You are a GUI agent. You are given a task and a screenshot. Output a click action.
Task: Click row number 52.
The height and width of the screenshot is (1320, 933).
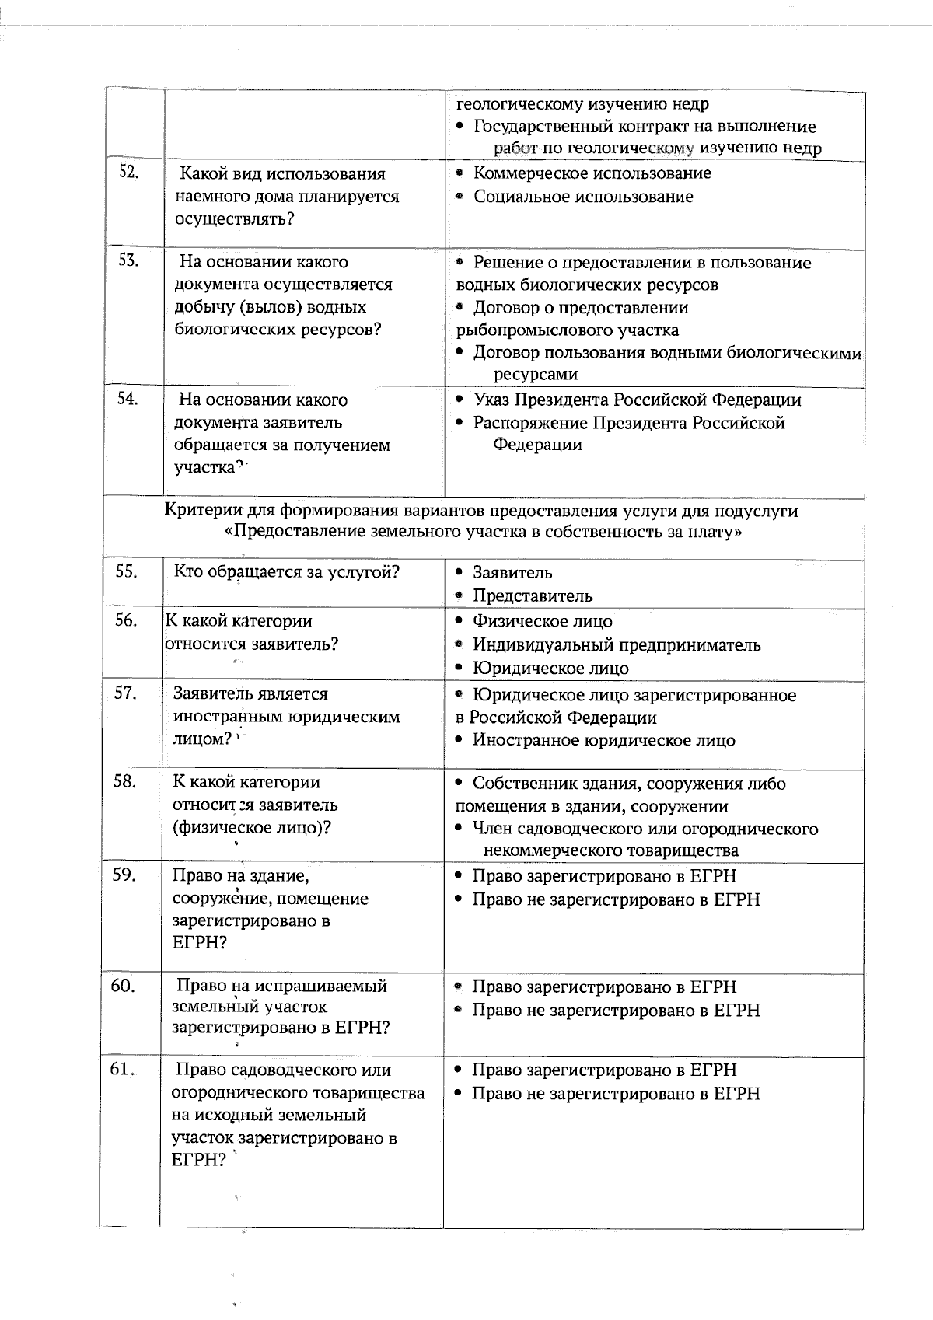[x=128, y=172]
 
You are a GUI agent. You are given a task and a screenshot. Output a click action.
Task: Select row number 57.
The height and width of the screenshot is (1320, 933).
[x=126, y=693]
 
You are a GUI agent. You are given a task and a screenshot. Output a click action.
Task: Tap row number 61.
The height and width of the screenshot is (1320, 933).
[x=123, y=1069]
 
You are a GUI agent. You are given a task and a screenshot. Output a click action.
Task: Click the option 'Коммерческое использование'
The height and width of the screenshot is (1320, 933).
[x=592, y=173]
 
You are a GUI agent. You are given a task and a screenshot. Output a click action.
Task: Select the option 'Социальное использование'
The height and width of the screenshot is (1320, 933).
[x=583, y=197]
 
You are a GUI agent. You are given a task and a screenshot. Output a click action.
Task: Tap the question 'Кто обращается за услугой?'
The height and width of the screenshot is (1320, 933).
[x=286, y=572]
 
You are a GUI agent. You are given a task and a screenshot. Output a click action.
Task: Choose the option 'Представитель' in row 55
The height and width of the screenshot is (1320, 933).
[x=533, y=596]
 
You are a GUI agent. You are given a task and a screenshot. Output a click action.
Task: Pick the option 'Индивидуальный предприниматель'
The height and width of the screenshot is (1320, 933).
[x=617, y=645]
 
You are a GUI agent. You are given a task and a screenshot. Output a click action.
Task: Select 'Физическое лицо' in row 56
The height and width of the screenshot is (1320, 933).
[x=542, y=622]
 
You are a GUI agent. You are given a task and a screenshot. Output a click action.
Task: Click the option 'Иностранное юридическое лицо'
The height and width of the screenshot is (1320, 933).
[x=603, y=740]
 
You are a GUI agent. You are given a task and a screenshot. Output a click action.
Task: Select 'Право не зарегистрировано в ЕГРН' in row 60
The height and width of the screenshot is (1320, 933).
[x=616, y=1011]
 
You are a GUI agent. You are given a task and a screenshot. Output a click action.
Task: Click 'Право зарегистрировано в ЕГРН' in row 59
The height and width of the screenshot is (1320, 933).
[x=604, y=876]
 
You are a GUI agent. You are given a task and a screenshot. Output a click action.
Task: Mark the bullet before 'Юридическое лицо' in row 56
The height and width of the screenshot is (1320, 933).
[x=460, y=668]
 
